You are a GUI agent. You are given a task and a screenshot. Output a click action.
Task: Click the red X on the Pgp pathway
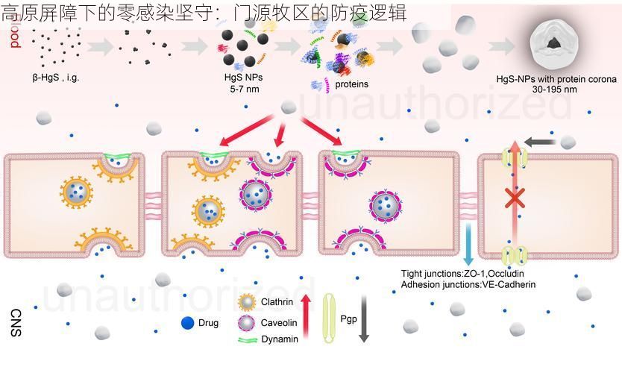(x=514, y=198)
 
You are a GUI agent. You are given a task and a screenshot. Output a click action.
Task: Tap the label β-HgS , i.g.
(x=57, y=77)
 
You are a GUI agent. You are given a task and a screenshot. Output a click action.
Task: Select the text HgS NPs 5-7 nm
(x=243, y=83)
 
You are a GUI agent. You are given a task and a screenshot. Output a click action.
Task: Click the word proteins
(x=351, y=84)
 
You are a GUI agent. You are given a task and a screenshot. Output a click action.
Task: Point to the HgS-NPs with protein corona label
(x=556, y=79)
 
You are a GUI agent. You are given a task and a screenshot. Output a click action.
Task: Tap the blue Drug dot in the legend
(x=188, y=323)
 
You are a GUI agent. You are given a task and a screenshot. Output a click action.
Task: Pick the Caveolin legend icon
(x=248, y=323)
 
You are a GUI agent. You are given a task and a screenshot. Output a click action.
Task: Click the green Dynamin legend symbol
(x=248, y=340)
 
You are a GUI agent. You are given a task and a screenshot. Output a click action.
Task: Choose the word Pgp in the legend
(x=348, y=319)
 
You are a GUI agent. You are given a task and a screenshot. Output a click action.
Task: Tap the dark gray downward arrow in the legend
(x=364, y=319)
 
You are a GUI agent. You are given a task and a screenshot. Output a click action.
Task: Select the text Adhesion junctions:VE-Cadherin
(x=468, y=284)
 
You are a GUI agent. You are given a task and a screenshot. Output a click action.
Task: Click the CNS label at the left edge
(x=16, y=323)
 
